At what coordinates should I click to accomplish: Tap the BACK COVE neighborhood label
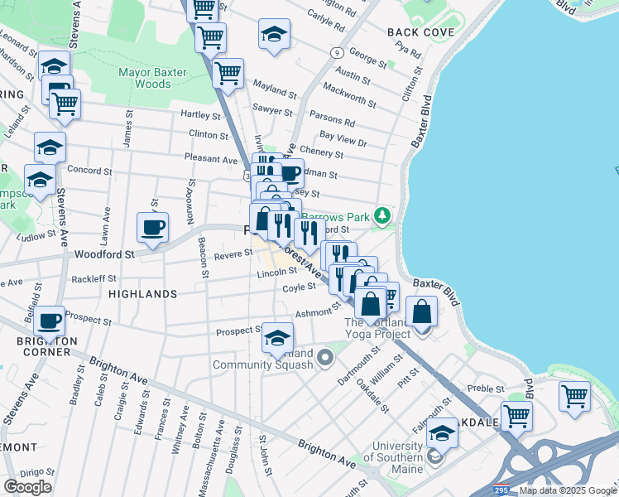[x=421, y=32]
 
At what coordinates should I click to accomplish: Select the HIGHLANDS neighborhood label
[x=142, y=294]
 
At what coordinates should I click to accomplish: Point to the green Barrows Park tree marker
[x=381, y=215]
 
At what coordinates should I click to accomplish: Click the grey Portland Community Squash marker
[x=325, y=358]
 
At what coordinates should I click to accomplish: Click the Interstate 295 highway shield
[x=501, y=490]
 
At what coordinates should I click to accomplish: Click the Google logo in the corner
[x=27, y=486]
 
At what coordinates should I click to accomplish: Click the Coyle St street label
[x=300, y=287]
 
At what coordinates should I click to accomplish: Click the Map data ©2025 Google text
[x=568, y=490]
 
